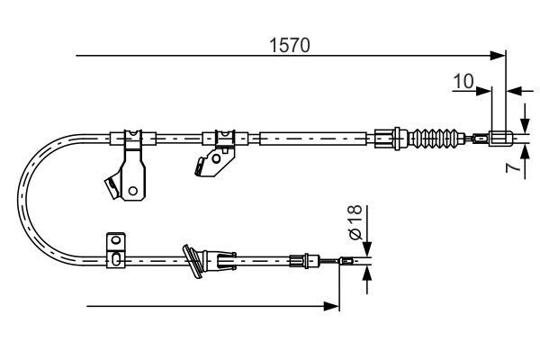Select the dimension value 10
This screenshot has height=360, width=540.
pyautogui.click(x=463, y=82)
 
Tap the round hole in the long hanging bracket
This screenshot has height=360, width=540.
pyautogui.click(x=132, y=190)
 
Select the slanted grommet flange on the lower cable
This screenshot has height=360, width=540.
pyautogui.click(x=192, y=261)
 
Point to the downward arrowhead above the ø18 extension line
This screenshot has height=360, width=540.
pyautogui.click(x=367, y=253)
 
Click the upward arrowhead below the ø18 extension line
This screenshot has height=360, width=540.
pyautogui.click(x=367, y=273)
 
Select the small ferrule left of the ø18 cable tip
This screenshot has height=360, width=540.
pyautogui.click(x=308, y=263)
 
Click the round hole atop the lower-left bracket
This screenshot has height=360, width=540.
pyautogui.click(x=113, y=240)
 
